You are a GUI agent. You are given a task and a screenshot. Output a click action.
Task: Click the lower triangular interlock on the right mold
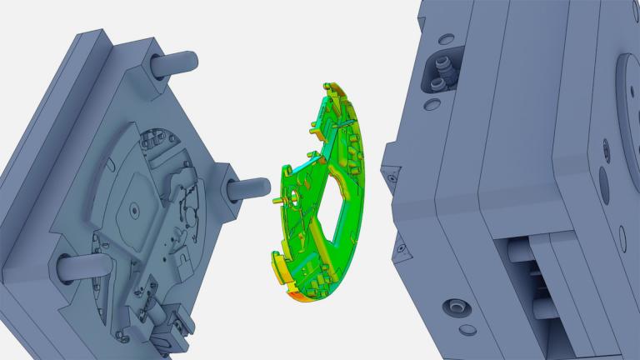click(402, 247)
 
